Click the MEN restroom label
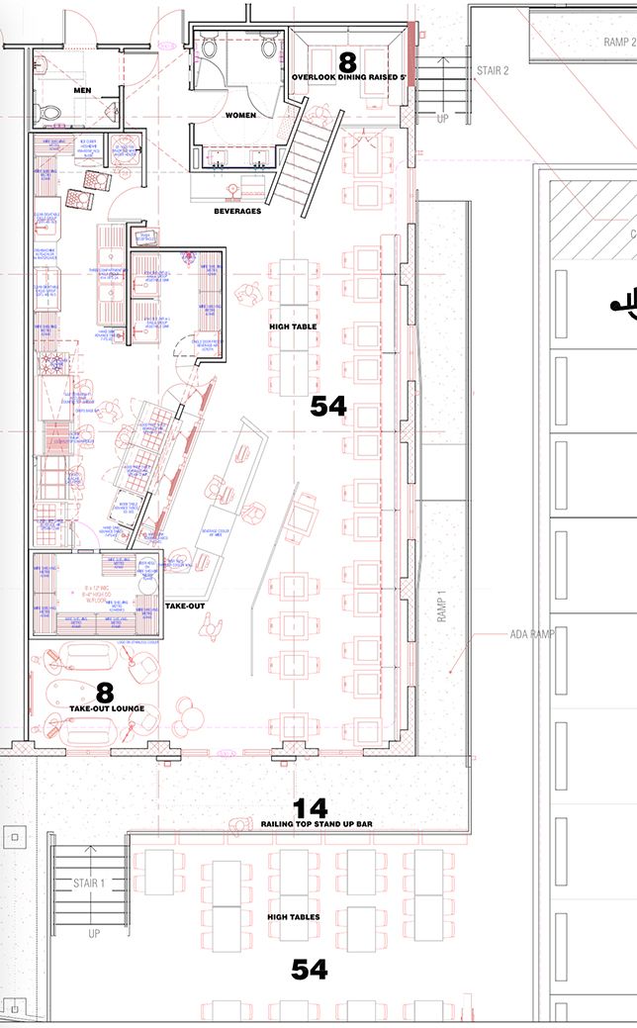(x=82, y=91)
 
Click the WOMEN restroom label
(x=240, y=116)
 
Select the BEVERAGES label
(x=237, y=211)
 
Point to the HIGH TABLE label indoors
(x=293, y=326)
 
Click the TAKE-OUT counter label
(x=185, y=605)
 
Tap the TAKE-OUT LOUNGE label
(x=107, y=709)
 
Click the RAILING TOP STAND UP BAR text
(x=310, y=824)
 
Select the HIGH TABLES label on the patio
(x=294, y=917)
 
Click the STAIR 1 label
(x=88, y=883)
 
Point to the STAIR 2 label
(x=493, y=71)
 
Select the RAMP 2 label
(x=619, y=43)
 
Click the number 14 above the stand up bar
(x=310, y=808)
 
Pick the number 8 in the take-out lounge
(x=104, y=693)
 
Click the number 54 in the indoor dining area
(x=328, y=406)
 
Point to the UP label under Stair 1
(x=94, y=933)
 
